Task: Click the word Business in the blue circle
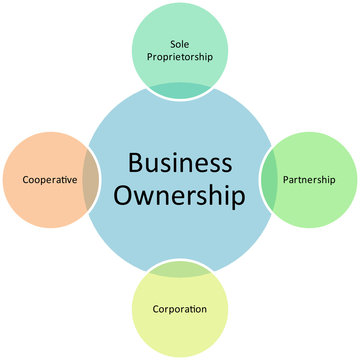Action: point(180,163)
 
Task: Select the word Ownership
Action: point(180,196)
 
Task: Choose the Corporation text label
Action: point(180,309)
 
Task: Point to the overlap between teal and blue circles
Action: point(180,90)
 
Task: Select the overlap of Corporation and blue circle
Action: point(180,268)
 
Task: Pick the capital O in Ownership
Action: point(127,196)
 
